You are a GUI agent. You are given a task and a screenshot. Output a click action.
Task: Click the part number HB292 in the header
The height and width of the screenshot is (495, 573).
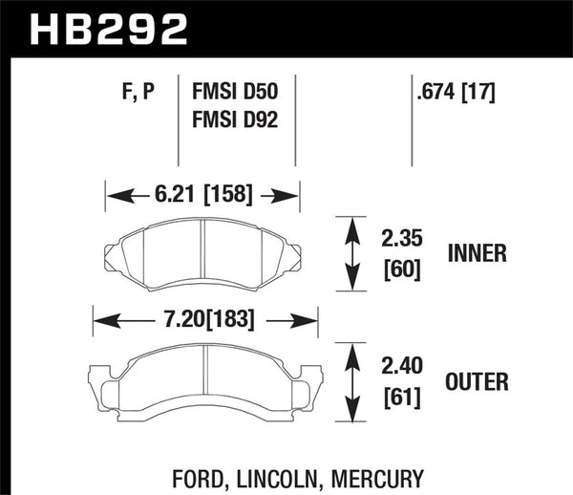pos(109,28)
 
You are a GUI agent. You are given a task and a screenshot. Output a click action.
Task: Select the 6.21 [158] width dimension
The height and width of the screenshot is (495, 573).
pos(202,195)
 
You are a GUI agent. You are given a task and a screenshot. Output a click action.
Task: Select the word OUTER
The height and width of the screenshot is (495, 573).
pos(477,383)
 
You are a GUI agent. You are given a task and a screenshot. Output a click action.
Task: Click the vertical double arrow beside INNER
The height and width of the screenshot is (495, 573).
pos(351,252)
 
